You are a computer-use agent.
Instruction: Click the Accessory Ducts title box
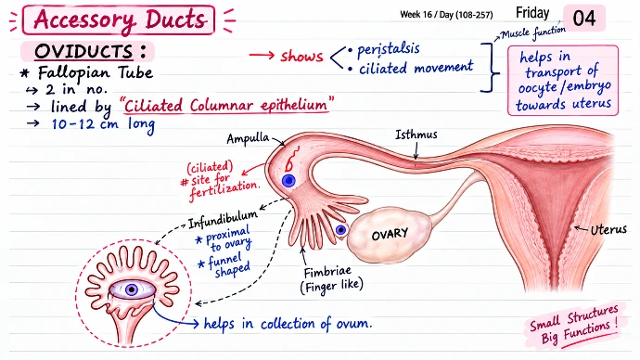click(x=119, y=19)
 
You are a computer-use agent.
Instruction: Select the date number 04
click(x=584, y=19)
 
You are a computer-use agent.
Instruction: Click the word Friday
click(x=532, y=13)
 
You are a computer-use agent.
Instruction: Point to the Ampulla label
click(x=248, y=138)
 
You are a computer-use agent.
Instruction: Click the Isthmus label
click(x=416, y=135)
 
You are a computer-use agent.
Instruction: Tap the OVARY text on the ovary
click(x=390, y=234)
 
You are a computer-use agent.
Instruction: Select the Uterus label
click(x=608, y=229)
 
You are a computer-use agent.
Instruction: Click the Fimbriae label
click(x=327, y=272)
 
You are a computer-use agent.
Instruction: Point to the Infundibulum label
click(x=223, y=220)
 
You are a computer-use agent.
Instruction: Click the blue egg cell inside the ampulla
click(x=288, y=180)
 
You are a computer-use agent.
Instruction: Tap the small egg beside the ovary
click(x=341, y=230)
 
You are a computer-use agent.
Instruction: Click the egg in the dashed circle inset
click(x=132, y=289)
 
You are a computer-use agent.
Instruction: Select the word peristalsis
click(x=388, y=49)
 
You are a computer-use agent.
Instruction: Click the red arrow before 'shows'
click(x=262, y=55)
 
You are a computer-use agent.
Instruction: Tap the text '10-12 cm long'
click(x=103, y=124)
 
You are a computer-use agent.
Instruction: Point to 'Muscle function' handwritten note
click(x=533, y=32)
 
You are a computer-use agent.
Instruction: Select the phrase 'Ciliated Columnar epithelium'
click(x=226, y=105)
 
